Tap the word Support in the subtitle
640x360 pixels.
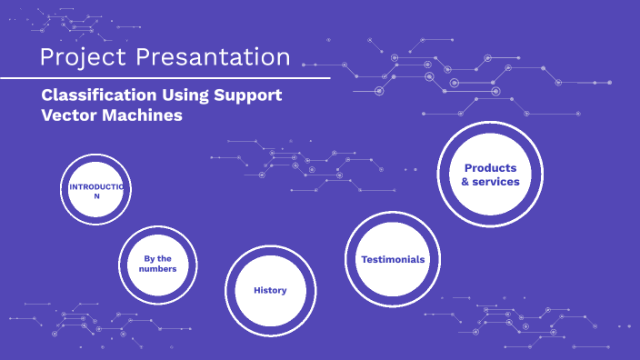[x=249, y=95]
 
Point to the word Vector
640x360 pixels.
[x=70, y=115]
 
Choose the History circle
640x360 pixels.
[x=270, y=290]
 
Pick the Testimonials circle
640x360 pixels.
[x=392, y=259]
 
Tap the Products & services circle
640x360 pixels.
[x=490, y=175]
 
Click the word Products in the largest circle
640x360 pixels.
[x=490, y=168]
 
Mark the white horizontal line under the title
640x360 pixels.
[x=164, y=78]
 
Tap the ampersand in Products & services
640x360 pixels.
[x=466, y=182]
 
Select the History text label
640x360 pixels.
[x=270, y=290]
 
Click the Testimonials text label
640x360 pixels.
[x=392, y=259]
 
